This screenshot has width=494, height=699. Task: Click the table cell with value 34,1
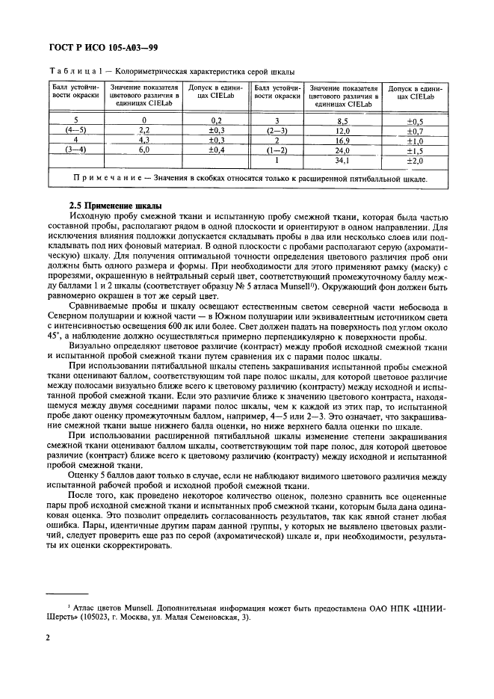click(x=343, y=160)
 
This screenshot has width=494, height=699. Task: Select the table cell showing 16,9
click(x=343, y=140)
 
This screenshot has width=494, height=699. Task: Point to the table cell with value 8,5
click(x=343, y=120)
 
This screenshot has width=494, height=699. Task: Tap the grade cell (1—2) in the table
click(x=277, y=150)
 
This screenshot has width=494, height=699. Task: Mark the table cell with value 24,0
click(x=343, y=150)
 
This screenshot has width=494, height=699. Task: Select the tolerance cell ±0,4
click(x=217, y=150)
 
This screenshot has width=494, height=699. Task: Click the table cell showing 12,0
click(x=343, y=130)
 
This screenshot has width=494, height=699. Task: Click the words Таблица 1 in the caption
click(x=78, y=72)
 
